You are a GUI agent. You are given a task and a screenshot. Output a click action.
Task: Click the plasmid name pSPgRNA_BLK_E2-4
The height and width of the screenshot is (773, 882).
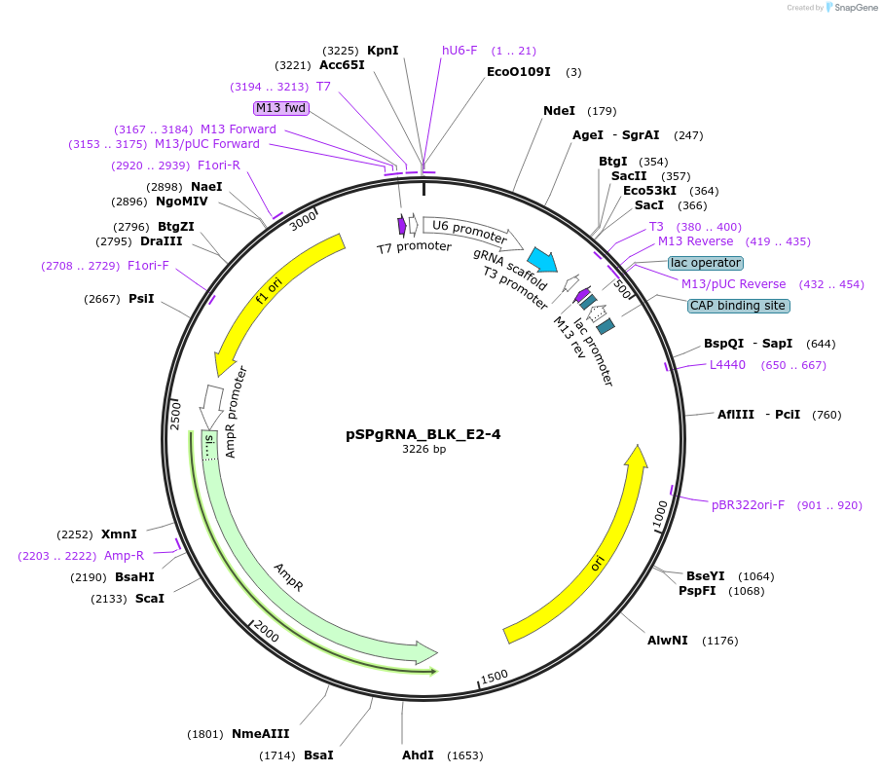tap(423, 434)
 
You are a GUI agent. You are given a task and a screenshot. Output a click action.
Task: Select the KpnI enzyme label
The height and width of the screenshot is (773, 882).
tap(383, 51)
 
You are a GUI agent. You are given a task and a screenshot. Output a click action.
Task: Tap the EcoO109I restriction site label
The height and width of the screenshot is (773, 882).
tap(519, 71)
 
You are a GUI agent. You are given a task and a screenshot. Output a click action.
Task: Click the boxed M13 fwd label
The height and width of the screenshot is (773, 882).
tap(281, 108)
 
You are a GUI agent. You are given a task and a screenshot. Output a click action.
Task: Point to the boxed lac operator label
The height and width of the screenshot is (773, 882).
tap(706, 263)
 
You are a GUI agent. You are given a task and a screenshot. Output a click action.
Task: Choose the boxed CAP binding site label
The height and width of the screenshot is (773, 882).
tap(738, 306)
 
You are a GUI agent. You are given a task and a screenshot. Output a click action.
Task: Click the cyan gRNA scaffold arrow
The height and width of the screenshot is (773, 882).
tap(543, 260)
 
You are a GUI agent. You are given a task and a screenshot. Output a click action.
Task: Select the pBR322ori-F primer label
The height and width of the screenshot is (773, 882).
tap(748, 505)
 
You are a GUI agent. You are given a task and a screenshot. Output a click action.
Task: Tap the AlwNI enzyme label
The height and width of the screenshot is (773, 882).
tap(668, 641)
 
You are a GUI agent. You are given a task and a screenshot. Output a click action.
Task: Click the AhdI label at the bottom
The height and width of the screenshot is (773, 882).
tap(418, 755)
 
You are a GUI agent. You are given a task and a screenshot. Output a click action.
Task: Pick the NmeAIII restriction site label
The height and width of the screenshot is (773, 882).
tap(261, 734)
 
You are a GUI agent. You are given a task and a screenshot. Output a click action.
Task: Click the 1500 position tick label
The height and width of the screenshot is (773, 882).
tap(494, 676)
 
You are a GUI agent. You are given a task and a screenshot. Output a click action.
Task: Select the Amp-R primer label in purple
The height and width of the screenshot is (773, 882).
tap(124, 556)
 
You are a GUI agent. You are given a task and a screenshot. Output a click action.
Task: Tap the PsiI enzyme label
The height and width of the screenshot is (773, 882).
tap(141, 299)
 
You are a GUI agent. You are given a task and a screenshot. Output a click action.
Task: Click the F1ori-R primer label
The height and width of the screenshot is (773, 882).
tap(219, 166)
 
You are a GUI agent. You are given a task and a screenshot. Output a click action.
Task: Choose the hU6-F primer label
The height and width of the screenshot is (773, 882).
tap(459, 51)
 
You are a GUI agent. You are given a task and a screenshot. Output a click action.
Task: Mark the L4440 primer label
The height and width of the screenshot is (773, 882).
tap(727, 365)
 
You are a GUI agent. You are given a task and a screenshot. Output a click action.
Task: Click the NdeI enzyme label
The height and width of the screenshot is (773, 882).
tap(559, 111)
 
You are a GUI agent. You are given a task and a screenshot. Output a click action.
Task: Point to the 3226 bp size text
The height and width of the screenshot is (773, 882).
tap(423, 450)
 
